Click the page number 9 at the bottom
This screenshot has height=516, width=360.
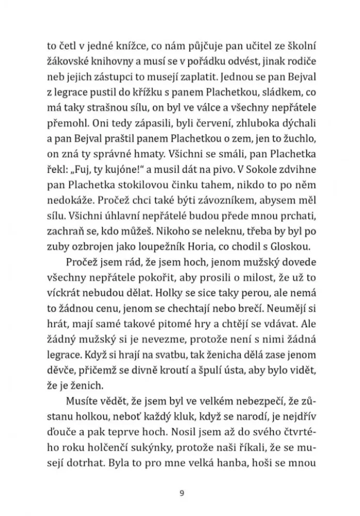(x=180, y=492)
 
